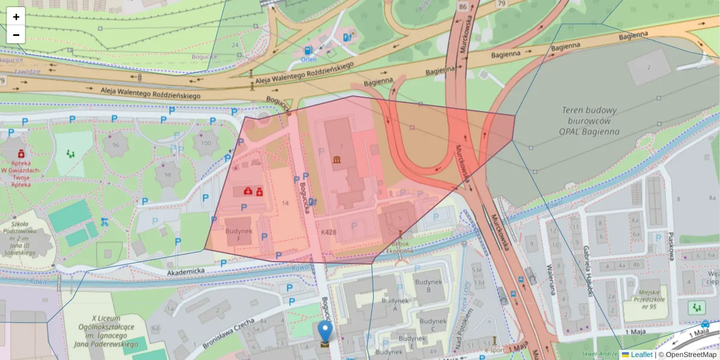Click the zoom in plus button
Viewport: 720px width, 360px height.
pyautogui.click(x=16, y=17)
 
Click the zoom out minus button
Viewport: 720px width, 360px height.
pyautogui.click(x=16, y=35)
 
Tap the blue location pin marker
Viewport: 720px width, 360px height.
pyautogui.click(x=325, y=331)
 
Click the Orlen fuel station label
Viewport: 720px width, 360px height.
pyautogui.click(x=308, y=59)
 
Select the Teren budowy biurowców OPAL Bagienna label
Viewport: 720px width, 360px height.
pyautogui.click(x=589, y=121)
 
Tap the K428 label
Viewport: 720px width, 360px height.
pyautogui.click(x=329, y=232)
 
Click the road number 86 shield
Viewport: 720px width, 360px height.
pyautogui.click(x=462, y=7)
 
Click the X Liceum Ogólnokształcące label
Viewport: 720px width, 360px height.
pyautogui.click(x=107, y=331)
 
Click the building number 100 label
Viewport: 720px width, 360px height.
pyautogui.click(x=206, y=143)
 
